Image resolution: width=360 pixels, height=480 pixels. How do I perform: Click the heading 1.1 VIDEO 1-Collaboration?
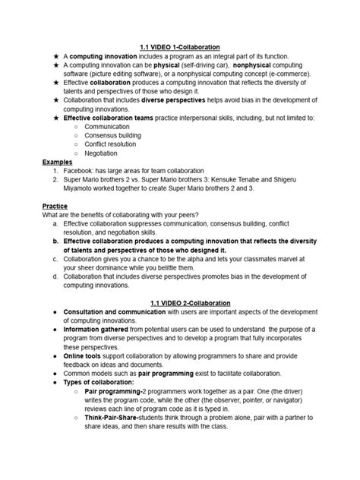click(180, 48)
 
